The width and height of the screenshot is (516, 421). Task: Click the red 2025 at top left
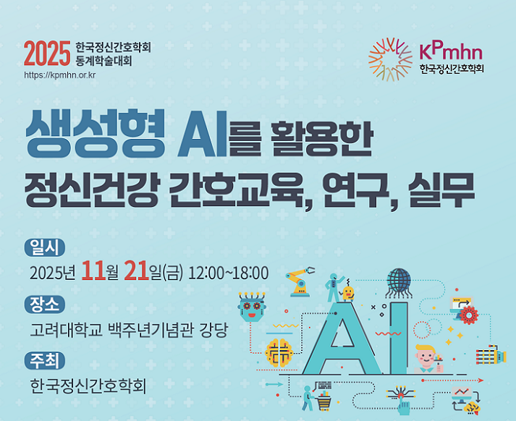point(47,54)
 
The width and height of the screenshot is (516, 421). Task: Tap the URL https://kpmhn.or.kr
point(59,75)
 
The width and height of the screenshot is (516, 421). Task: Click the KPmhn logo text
point(451,51)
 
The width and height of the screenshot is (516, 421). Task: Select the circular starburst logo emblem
point(390,59)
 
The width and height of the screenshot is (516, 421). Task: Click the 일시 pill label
point(45,247)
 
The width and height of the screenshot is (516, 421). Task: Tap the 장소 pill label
point(45,305)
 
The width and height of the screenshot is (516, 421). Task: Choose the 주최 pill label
point(45,361)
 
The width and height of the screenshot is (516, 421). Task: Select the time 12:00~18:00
point(228,273)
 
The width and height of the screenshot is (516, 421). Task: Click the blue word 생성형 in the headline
point(95,133)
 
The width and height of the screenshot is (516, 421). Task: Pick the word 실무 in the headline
point(441,190)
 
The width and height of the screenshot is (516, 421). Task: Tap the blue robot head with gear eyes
point(252,307)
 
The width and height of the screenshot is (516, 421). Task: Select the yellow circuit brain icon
point(279,353)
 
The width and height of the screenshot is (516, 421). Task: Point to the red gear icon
point(469,315)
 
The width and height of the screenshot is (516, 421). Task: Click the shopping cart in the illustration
point(323,403)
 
